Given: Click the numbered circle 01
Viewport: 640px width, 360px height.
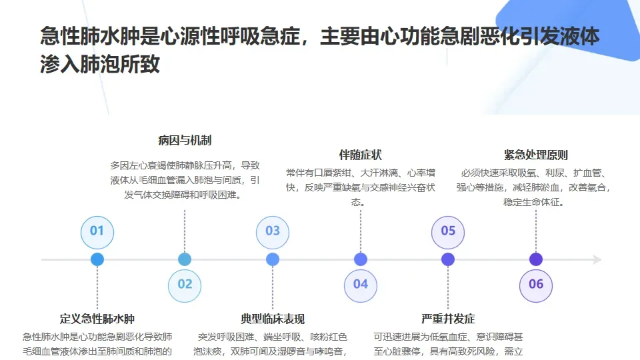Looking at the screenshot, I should (97, 231).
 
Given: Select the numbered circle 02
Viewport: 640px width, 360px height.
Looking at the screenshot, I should (185, 285).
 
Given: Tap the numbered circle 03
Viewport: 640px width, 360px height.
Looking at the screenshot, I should (273, 231).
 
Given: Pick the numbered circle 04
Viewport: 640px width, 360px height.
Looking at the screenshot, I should (361, 285).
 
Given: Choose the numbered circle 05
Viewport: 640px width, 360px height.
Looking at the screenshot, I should (448, 231).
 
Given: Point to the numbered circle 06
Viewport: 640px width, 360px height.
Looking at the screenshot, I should (536, 285).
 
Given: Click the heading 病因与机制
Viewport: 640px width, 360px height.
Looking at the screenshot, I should (185, 141).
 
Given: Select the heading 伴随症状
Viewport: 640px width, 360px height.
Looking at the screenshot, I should (361, 155).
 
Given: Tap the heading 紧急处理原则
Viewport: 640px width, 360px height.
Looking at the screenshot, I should (536, 155).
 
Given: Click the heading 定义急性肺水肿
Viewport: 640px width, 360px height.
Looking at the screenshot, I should (97, 319).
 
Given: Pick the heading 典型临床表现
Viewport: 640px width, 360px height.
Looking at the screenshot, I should (273, 319).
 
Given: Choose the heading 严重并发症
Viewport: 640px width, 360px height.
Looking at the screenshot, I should (448, 319).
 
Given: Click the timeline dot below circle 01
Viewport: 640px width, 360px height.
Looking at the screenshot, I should (97, 259).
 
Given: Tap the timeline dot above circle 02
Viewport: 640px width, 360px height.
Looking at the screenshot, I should (185, 259).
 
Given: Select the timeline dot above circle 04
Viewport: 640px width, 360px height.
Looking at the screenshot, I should (361, 259).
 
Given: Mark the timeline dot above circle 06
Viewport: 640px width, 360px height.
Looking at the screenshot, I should (536, 259).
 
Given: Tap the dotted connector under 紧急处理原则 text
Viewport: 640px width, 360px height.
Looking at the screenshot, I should (536, 230).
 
